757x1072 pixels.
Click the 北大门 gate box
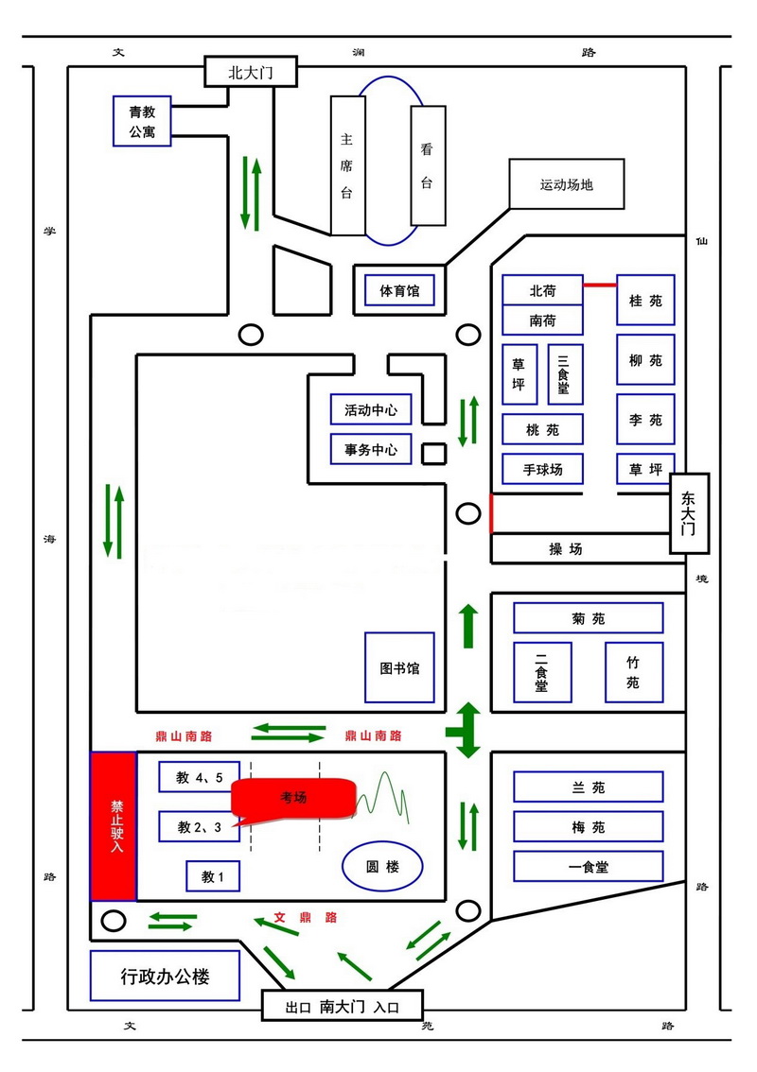251,72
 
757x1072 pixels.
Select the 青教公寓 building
142,121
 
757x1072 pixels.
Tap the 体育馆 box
399,291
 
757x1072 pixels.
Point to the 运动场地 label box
567,184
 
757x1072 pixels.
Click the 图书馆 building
399,667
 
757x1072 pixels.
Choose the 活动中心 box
371,409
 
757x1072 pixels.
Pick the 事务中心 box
371,449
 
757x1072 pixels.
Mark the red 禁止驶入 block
114,826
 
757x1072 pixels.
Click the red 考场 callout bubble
293,798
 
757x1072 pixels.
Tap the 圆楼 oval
382,867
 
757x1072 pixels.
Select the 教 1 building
213,876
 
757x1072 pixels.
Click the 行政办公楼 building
165,976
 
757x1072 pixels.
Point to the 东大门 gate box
689,512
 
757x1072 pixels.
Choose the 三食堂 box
565,374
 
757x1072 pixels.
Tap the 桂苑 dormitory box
645,300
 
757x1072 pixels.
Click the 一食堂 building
589,866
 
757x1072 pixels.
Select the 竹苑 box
634,672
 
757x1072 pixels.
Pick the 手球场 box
543,469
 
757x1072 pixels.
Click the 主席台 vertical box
347,165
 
